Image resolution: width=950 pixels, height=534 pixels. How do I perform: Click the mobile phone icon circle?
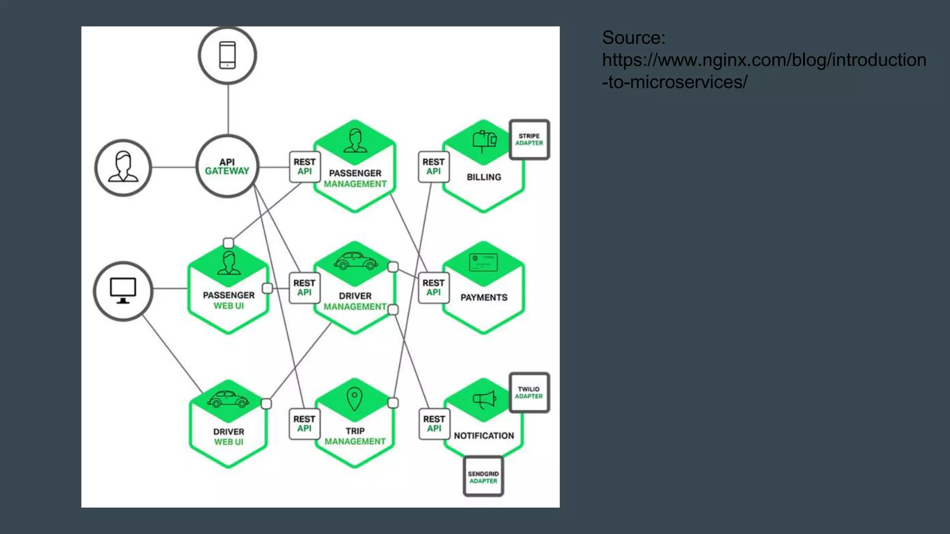tap(227, 56)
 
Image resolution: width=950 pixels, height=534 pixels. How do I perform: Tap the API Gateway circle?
tap(227, 166)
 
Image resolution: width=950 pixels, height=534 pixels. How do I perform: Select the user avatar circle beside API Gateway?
tap(123, 167)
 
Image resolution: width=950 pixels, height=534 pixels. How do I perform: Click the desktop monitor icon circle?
tap(123, 291)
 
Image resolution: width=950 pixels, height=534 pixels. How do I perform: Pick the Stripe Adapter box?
tap(529, 140)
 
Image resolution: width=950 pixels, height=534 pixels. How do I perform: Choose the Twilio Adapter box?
tap(529, 393)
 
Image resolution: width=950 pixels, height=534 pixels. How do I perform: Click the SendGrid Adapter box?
tap(483, 477)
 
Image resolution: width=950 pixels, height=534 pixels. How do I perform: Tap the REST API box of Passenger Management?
tap(304, 166)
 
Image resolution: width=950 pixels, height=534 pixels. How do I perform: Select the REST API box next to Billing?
tap(433, 166)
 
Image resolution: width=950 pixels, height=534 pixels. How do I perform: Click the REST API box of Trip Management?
tap(304, 424)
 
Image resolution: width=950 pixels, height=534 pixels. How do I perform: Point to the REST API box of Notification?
tap(434, 424)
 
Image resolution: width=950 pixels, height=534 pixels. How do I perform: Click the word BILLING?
tap(484, 177)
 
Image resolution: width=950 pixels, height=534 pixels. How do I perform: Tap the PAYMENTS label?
tap(484, 298)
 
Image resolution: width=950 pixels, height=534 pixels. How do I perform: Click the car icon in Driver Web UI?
tap(228, 399)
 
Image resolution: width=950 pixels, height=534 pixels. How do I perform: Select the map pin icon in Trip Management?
tap(354, 398)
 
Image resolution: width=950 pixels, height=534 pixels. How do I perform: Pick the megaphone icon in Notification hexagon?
tap(484, 399)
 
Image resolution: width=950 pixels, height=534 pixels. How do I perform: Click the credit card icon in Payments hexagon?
tap(483, 262)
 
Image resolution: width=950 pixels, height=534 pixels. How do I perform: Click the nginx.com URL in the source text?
tap(764, 60)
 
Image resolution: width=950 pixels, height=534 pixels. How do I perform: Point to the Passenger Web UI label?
tap(229, 300)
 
